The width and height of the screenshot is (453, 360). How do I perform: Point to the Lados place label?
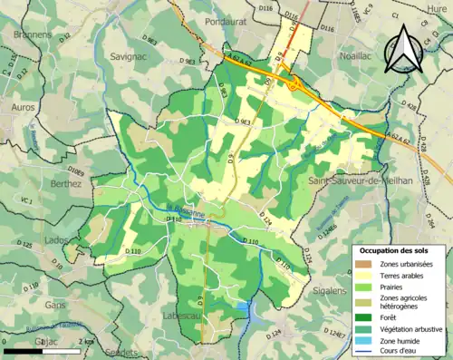click(56, 239)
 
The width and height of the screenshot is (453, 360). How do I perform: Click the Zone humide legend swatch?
click(362, 341)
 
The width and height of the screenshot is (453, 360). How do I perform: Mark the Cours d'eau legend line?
click(362, 353)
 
